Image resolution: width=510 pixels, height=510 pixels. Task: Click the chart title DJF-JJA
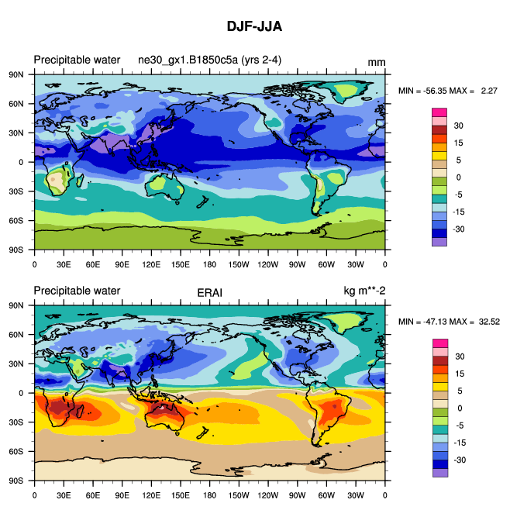(x=254, y=26)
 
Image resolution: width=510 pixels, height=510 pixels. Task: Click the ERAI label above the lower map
(x=209, y=291)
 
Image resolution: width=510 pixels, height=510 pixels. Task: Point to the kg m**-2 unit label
(x=364, y=291)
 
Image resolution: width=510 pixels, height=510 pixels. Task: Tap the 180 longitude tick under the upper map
(x=209, y=264)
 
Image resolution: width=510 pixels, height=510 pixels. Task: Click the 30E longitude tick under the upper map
(x=64, y=264)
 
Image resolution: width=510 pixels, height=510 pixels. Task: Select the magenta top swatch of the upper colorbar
(x=439, y=112)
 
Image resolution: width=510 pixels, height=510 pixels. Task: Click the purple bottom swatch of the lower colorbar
(x=439, y=473)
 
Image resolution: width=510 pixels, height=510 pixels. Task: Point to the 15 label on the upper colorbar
(x=459, y=143)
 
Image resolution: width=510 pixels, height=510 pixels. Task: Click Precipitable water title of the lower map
(x=77, y=291)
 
